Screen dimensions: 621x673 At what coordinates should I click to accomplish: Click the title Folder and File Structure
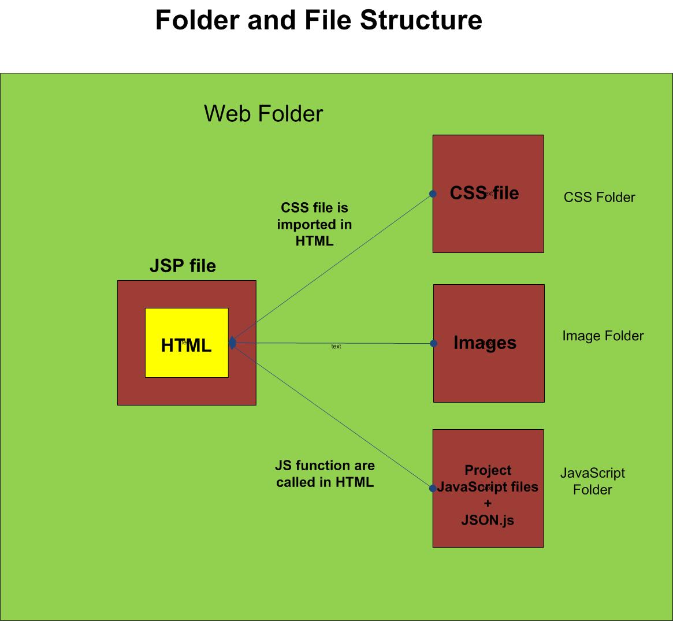pyautogui.click(x=318, y=20)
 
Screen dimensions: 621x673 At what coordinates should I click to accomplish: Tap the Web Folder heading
pyautogui.click(x=263, y=113)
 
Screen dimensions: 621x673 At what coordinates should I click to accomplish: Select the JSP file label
pyautogui.click(x=183, y=266)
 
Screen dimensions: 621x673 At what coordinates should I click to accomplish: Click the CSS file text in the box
pyautogui.click(x=484, y=193)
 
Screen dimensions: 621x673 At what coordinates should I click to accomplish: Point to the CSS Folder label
pyautogui.click(x=599, y=198)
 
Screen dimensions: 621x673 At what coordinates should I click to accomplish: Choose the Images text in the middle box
pyautogui.click(x=485, y=343)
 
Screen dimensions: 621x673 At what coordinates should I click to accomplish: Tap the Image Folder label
pyautogui.click(x=603, y=336)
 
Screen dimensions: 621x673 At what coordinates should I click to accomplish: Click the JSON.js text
pyautogui.click(x=488, y=520)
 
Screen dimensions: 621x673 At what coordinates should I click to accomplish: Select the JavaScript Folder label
pyautogui.click(x=593, y=481)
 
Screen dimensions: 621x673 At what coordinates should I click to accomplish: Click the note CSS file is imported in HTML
pyautogui.click(x=314, y=224)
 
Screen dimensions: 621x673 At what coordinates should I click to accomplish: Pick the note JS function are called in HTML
pyautogui.click(x=325, y=474)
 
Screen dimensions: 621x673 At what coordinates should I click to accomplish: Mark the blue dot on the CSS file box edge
pyautogui.click(x=433, y=194)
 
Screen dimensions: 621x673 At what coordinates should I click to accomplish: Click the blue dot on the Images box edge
pyautogui.click(x=434, y=344)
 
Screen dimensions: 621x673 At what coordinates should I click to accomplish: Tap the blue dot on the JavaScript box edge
pyautogui.click(x=433, y=489)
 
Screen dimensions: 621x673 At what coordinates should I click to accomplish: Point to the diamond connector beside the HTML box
pyautogui.click(x=232, y=343)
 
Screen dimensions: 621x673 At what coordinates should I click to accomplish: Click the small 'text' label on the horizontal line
pyautogui.click(x=336, y=347)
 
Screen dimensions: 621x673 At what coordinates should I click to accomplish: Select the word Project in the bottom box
pyautogui.click(x=488, y=470)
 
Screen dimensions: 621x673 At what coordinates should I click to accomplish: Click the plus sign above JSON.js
pyautogui.click(x=488, y=504)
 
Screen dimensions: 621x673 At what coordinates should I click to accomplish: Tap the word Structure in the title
pyautogui.click(x=421, y=20)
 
